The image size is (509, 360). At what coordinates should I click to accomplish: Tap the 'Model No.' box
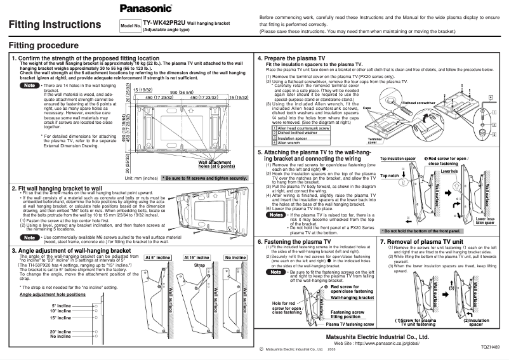tap(129, 27)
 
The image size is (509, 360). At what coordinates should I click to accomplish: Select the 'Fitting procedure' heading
tap(44, 46)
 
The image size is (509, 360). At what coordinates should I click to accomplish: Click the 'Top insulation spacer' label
tap(398, 159)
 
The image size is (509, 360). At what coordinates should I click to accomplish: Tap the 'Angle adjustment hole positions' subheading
tap(53, 295)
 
